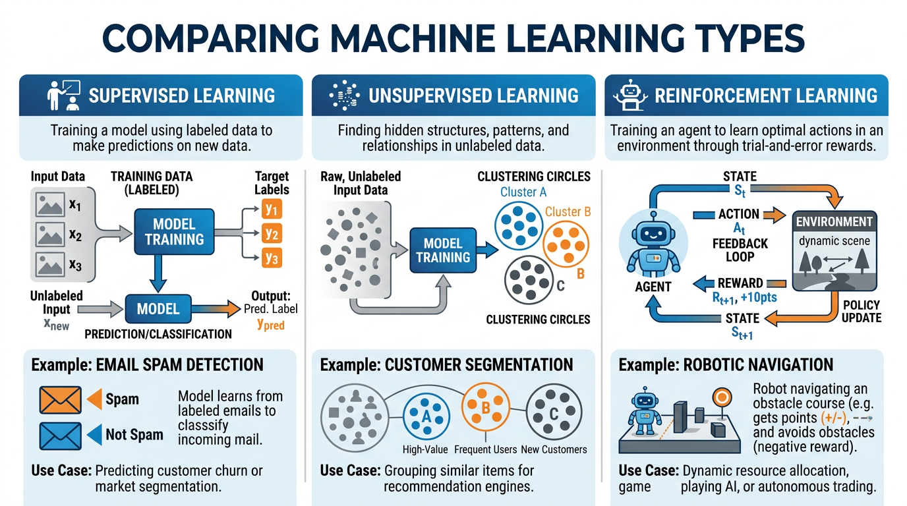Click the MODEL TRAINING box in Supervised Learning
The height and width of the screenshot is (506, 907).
pyautogui.click(x=174, y=232)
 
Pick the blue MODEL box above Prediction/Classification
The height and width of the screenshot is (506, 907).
pyautogui.click(x=158, y=308)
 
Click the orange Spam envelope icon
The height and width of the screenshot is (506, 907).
pyautogui.click(x=61, y=400)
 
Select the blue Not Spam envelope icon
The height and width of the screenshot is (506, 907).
pyautogui.click(x=61, y=436)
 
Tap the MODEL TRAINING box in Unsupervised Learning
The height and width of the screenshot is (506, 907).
pyautogui.click(x=443, y=250)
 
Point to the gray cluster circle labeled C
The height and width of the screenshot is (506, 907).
pyautogui.click(x=531, y=279)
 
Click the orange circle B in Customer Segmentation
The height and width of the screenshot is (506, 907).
pyautogui.click(x=485, y=408)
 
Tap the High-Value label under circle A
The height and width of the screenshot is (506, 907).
pyautogui.click(x=425, y=449)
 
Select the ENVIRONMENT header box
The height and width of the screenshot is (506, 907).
pyautogui.click(x=834, y=222)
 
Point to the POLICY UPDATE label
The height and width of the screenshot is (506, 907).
pyautogui.click(x=861, y=312)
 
